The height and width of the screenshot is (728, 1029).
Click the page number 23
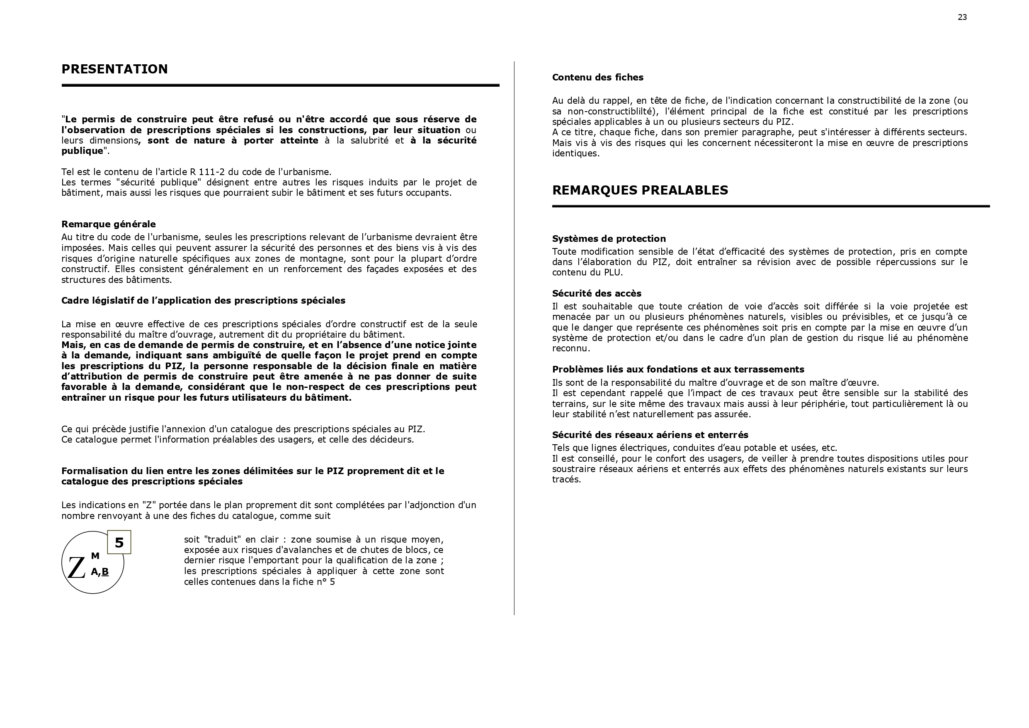pyautogui.click(x=962, y=17)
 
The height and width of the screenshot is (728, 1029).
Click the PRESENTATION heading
pyautogui.click(x=114, y=69)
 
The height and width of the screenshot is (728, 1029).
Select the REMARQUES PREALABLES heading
pyautogui.click(x=640, y=190)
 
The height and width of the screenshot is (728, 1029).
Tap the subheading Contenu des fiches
pyautogui.click(x=597, y=77)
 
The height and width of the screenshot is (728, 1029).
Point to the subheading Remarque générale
pyautogui.click(x=109, y=224)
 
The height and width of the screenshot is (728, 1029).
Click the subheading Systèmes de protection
pyautogui.click(x=609, y=239)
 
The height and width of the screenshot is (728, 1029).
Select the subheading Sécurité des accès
pyautogui.click(x=597, y=293)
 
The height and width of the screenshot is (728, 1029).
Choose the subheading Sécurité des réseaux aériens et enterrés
pyautogui.click(x=650, y=435)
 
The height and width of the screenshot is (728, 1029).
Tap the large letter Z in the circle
pyautogui.click(x=76, y=568)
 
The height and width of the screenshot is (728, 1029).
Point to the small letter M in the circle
pyautogui.click(x=95, y=556)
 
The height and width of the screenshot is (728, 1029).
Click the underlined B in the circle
pyautogui.click(x=105, y=572)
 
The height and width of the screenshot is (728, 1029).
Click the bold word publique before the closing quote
pyautogui.click(x=82, y=151)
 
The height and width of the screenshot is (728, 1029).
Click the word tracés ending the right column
pyautogui.click(x=566, y=480)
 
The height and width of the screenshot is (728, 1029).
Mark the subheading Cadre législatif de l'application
pyautogui.click(x=203, y=300)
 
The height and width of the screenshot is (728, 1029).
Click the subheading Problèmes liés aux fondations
pyautogui.click(x=677, y=369)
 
